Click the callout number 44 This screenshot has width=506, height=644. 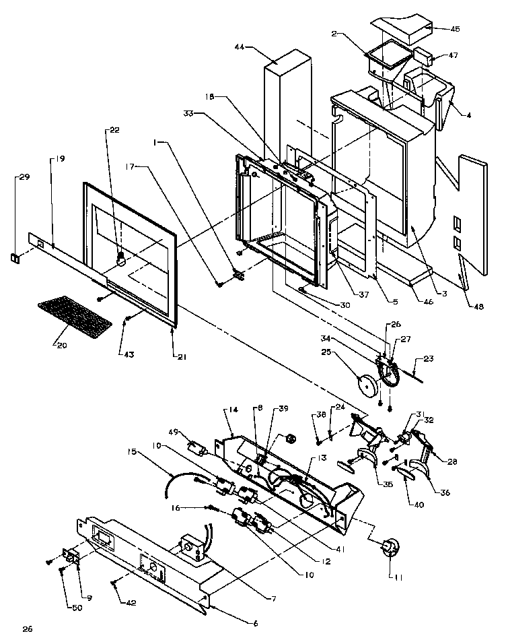[x=240, y=47]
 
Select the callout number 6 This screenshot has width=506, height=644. [x=255, y=623]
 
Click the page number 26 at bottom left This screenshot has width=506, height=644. [x=27, y=629]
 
